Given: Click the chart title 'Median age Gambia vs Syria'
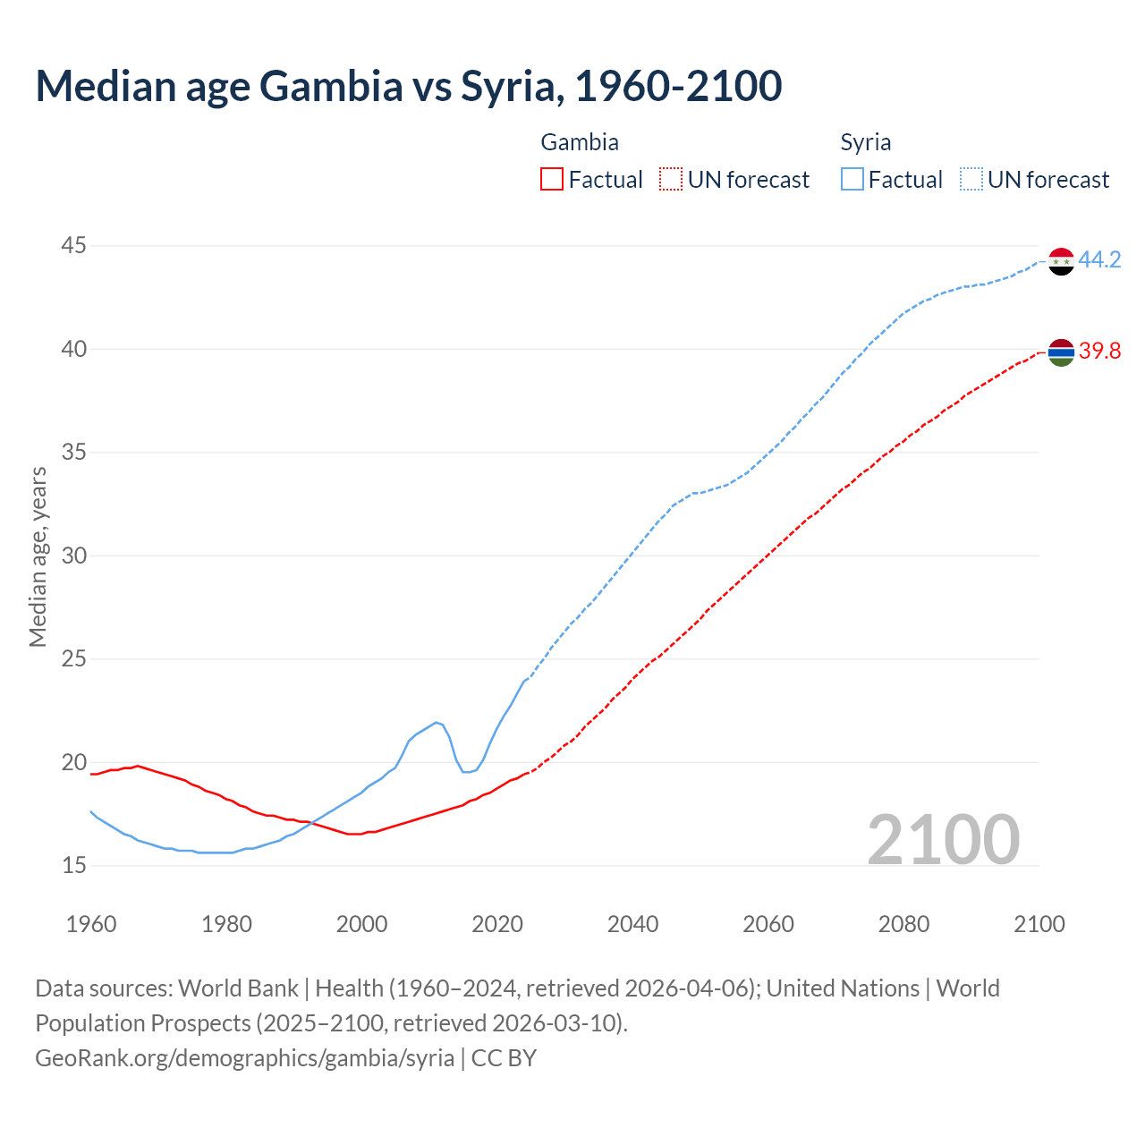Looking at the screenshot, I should [x=408, y=86].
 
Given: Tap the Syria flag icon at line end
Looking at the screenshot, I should [x=1061, y=261].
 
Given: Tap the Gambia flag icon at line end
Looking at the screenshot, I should [x=1061, y=352].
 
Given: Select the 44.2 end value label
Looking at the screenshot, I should [x=1099, y=260].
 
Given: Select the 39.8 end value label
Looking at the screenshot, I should [x=1099, y=352].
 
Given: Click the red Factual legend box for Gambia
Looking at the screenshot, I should [x=552, y=180].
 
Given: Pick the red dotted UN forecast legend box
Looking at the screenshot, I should [x=671, y=180].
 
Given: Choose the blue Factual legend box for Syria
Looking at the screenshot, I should [x=852, y=180].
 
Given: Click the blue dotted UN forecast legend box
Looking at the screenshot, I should [x=971, y=180].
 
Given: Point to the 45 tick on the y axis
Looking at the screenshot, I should [x=74, y=246].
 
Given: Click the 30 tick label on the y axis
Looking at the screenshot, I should [x=74, y=556].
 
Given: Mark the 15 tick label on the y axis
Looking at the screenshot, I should [x=74, y=866].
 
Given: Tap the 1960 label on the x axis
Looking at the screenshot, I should [x=91, y=924].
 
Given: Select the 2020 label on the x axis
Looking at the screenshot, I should [x=497, y=924].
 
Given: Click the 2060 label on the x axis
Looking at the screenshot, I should [x=768, y=924].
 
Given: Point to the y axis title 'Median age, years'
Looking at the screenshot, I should [x=38, y=556].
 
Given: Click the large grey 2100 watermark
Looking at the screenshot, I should [x=943, y=840].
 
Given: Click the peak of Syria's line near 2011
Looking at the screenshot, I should [x=437, y=722].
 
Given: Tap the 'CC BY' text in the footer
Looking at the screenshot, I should [x=504, y=1058].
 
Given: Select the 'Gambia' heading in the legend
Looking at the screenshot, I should [x=580, y=142].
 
